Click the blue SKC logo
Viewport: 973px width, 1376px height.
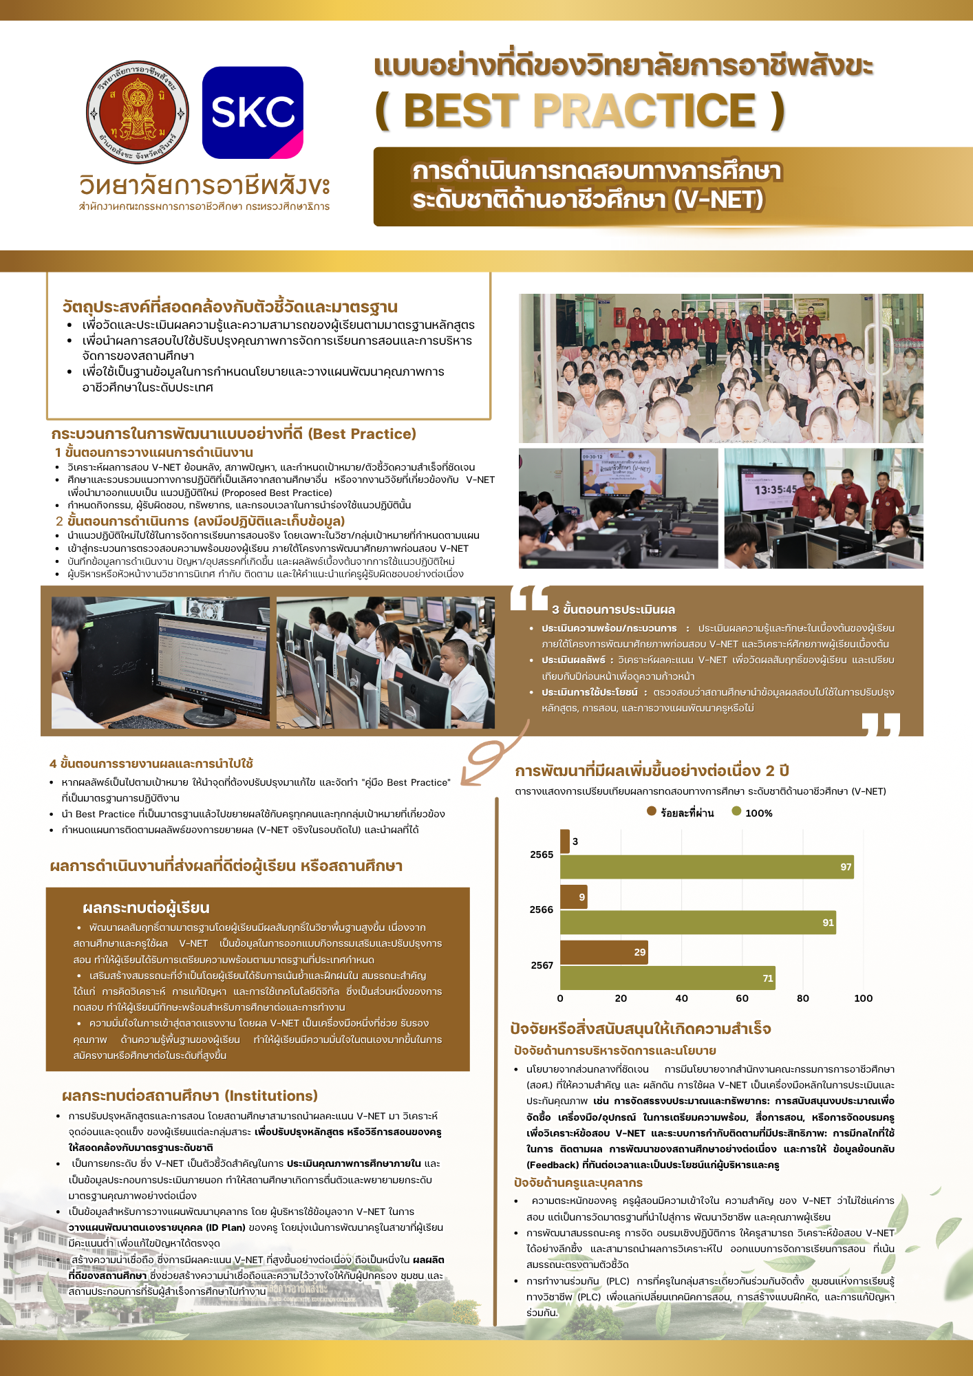coord(253,112)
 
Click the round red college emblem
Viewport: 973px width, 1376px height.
coord(137,112)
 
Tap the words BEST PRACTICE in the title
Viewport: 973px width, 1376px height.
coord(579,111)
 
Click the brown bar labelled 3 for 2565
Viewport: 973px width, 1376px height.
coord(565,841)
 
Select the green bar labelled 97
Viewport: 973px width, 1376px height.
coord(707,867)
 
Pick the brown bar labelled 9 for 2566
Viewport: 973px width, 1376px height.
coord(573,897)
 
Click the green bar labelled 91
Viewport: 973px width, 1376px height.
coord(698,923)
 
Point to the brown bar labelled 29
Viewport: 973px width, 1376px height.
coord(603,952)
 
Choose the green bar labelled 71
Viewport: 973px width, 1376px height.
coord(667,978)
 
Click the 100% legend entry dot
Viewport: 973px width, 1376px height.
coord(736,812)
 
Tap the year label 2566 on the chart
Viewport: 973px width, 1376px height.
coord(542,910)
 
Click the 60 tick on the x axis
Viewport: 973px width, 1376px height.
coord(742,998)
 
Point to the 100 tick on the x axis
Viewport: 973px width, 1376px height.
coord(863,998)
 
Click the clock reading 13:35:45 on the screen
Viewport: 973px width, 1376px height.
coord(776,490)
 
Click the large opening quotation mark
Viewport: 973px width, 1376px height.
coord(529,599)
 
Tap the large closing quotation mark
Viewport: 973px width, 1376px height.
coord(881,724)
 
